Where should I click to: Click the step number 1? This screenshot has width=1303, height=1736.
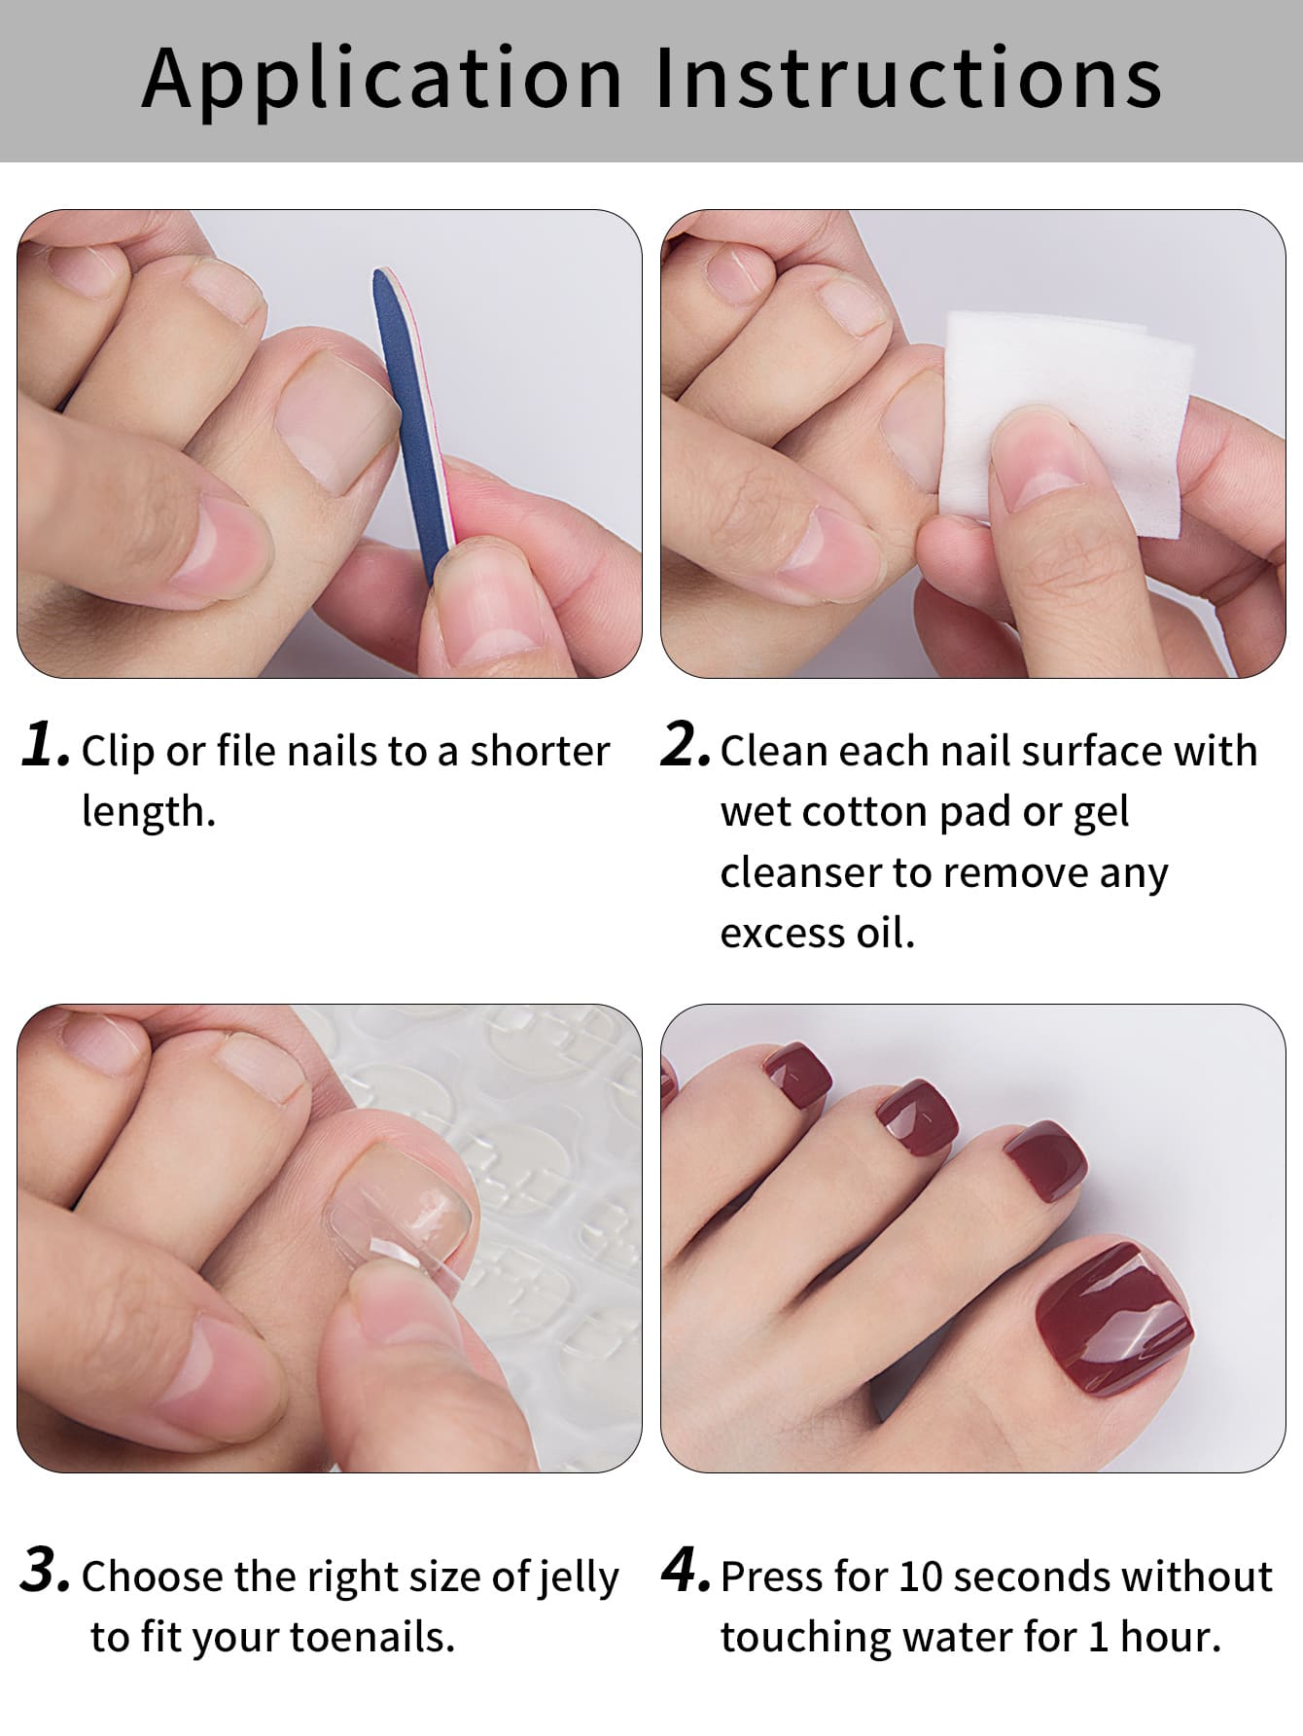(45, 746)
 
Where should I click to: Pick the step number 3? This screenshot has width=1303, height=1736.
(45, 1571)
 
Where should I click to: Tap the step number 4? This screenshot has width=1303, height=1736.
(686, 1571)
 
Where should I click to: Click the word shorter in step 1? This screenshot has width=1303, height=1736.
(540, 751)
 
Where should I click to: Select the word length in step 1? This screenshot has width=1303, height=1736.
(148, 811)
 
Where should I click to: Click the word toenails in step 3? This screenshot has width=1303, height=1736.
(372, 1637)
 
